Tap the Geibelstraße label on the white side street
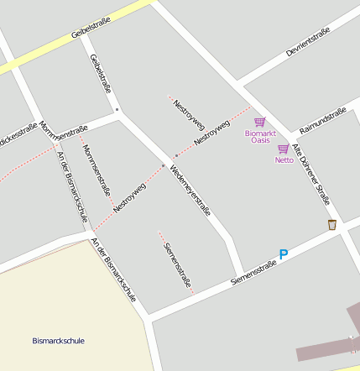coord(100,73)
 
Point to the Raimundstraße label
coord(323,118)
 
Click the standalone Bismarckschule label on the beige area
coord(59,341)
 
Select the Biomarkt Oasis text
coord(260,136)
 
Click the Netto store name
coord(284,159)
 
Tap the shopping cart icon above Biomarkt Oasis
coord(259,123)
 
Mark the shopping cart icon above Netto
coord(284,149)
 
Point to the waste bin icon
coord(332,224)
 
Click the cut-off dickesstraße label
coord(18,135)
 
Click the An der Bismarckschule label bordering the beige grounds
coord(113,270)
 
